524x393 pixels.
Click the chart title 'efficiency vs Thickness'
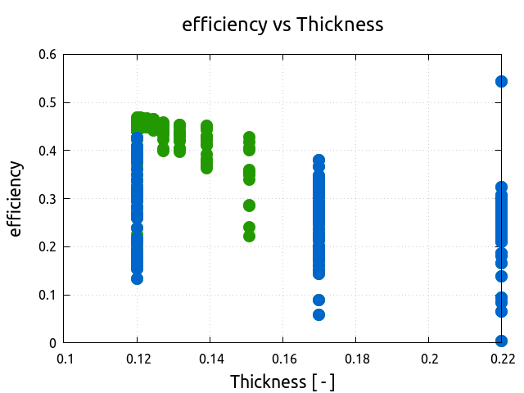pyautogui.click(x=282, y=25)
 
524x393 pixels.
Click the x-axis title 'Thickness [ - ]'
pyautogui.click(x=282, y=382)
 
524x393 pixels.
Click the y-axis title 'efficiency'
pyautogui.click(x=16, y=199)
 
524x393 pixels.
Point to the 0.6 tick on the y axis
pyautogui.click(x=47, y=55)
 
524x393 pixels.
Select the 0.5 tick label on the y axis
pyautogui.click(x=47, y=103)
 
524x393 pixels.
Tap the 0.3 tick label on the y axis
pyautogui.click(x=47, y=199)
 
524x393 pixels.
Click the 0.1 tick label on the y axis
pyautogui.click(x=47, y=295)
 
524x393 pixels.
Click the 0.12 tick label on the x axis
pyautogui.click(x=138, y=359)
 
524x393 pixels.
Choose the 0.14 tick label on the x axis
pyautogui.click(x=210, y=359)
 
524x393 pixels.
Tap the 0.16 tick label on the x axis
pyautogui.click(x=283, y=359)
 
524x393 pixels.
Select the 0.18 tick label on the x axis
pyautogui.click(x=356, y=359)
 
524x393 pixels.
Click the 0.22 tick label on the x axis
pyautogui.click(x=502, y=359)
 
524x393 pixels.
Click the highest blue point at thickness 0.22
pyautogui.click(x=502, y=81)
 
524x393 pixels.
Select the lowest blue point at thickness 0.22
pyautogui.click(x=502, y=341)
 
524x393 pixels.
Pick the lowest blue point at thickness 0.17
pyautogui.click(x=319, y=314)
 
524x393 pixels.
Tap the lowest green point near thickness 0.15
pyautogui.click(x=250, y=236)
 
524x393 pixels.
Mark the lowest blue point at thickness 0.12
pyautogui.click(x=138, y=278)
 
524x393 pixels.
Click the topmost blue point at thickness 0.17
pyautogui.click(x=319, y=160)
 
